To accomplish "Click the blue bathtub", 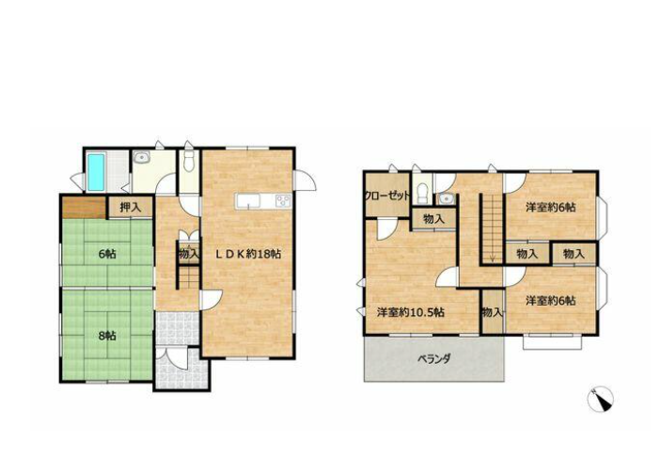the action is click(x=96, y=171).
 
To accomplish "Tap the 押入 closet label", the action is click(x=130, y=208).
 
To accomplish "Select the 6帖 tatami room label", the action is click(x=107, y=254).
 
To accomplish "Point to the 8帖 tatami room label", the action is click(x=107, y=336).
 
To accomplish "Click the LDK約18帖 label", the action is click(x=248, y=254).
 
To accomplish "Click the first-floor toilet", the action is click(x=189, y=161).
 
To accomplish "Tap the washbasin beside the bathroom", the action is click(x=141, y=158).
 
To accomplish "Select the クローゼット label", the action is click(x=386, y=197).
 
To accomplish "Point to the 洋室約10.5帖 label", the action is click(x=411, y=312).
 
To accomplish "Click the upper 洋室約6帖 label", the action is click(x=551, y=207).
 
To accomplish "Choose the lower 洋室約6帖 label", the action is click(x=551, y=301).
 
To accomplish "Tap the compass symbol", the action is click(x=600, y=399).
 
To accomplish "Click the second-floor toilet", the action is click(x=422, y=192).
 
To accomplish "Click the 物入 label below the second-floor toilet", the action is click(x=433, y=219).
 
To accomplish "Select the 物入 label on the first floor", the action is click(x=189, y=254).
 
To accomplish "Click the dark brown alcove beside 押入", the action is click(x=84, y=208).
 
